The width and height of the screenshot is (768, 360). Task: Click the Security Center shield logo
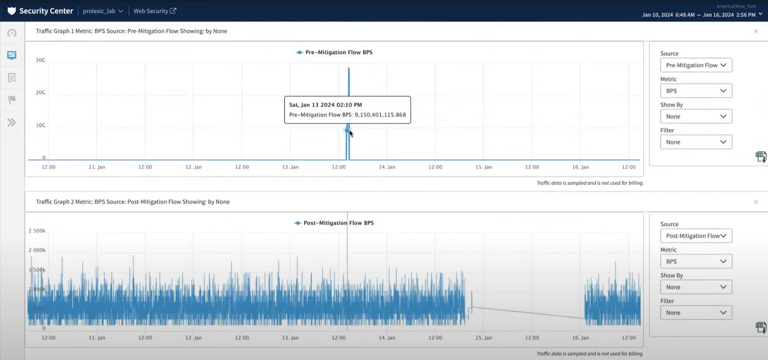click(x=11, y=11)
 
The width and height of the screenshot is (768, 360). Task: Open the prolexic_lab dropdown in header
click(x=103, y=11)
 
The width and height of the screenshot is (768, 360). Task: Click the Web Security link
click(x=154, y=11)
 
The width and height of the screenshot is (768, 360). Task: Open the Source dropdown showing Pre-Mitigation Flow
click(x=695, y=65)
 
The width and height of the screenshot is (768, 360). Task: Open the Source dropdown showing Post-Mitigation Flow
click(x=695, y=236)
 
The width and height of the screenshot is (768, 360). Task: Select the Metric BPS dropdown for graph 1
click(x=695, y=91)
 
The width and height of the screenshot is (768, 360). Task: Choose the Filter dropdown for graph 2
click(x=695, y=313)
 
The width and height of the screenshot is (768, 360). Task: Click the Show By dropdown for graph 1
click(x=695, y=116)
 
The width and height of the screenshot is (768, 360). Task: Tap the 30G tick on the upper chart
click(x=40, y=60)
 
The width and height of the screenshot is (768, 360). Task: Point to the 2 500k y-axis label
click(x=37, y=231)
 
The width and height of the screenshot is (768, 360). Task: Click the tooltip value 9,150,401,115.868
click(x=380, y=115)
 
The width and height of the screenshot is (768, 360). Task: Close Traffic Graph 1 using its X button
click(x=755, y=31)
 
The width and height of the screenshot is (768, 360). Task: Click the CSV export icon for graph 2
click(x=761, y=327)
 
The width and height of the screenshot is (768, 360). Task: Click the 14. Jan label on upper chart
click(x=387, y=167)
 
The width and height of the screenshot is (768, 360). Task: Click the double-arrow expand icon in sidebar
click(x=11, y=122)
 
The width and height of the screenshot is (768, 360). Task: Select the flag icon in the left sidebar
click(x=11, y=100)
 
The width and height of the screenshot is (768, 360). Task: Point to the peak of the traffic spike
click(x=349, y=68)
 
